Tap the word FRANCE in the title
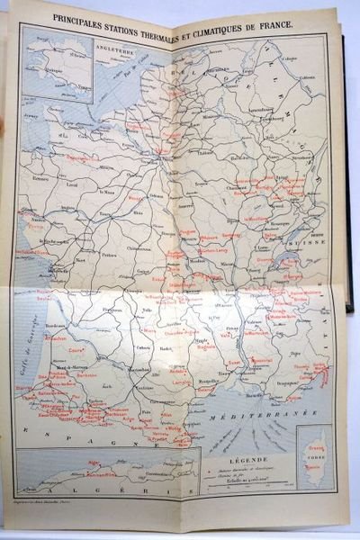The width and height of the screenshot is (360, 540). click(x=273, y=20)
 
